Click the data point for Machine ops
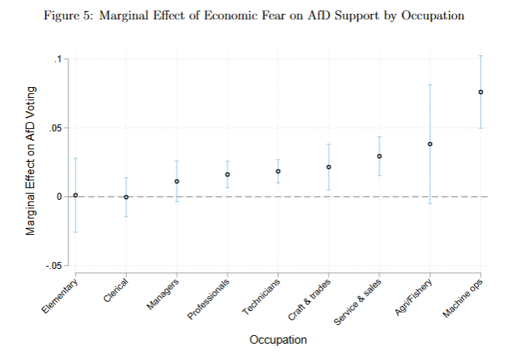[480, 92]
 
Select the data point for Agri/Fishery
[430, 144]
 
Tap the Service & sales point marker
[379, 156]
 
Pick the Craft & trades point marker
[329, 167]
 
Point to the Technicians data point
[278, 171]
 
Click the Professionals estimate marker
[228, 174]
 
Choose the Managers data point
[177, 181]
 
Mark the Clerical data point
[127, 197]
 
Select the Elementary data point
[75, 195]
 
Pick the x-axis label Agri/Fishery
[413, 297]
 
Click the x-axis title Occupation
[277, 340]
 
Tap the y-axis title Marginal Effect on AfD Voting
[31, 162]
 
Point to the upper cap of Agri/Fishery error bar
[430, 84]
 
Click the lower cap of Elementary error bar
[75, 232]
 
